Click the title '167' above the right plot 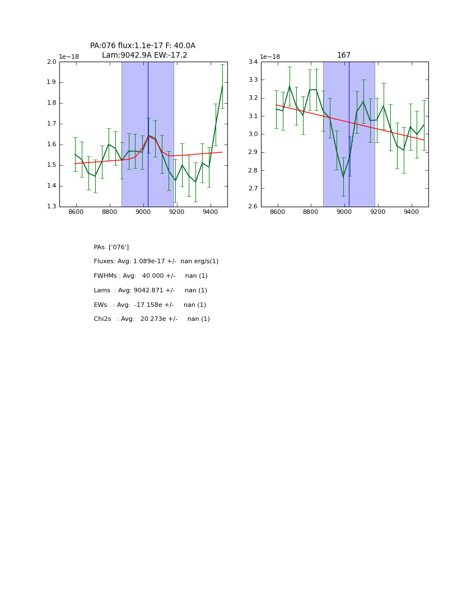click(344, 55)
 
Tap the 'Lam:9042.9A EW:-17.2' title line click(144, 55)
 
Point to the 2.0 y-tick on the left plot click(52, 62)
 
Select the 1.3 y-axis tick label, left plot click(52, 207)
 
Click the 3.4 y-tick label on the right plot click(253, 62)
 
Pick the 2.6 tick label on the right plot click(253, 207)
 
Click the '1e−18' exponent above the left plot click(69, 57)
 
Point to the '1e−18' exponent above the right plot click(270, 57)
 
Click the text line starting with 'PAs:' click(111, 247)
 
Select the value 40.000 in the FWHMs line click(153, 276)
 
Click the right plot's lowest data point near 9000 click(343, 178)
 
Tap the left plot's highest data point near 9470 click(222, 86)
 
